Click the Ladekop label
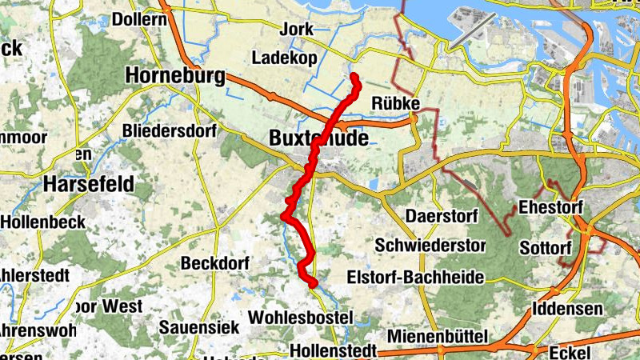(x=284, y=58)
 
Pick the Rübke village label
(x=396, y=103)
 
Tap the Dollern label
(x=140, y=18)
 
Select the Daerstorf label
(x=435, y=217)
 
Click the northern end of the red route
(x=354, y=77)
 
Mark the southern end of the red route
(x=314, y=282)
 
